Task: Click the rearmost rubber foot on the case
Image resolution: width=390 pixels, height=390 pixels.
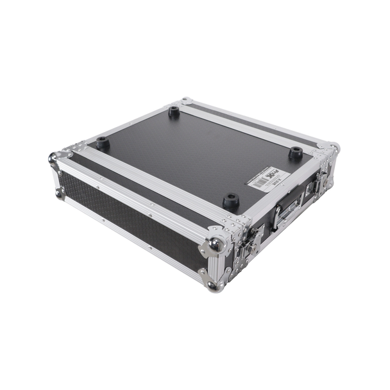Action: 174,112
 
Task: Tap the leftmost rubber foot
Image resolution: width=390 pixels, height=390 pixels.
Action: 103,143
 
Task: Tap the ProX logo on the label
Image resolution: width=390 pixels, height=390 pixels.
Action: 273,174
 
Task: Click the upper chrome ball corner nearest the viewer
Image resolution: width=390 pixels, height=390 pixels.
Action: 217,244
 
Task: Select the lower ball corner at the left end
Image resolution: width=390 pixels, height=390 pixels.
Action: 59,191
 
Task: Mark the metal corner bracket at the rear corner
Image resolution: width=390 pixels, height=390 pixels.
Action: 186,101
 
